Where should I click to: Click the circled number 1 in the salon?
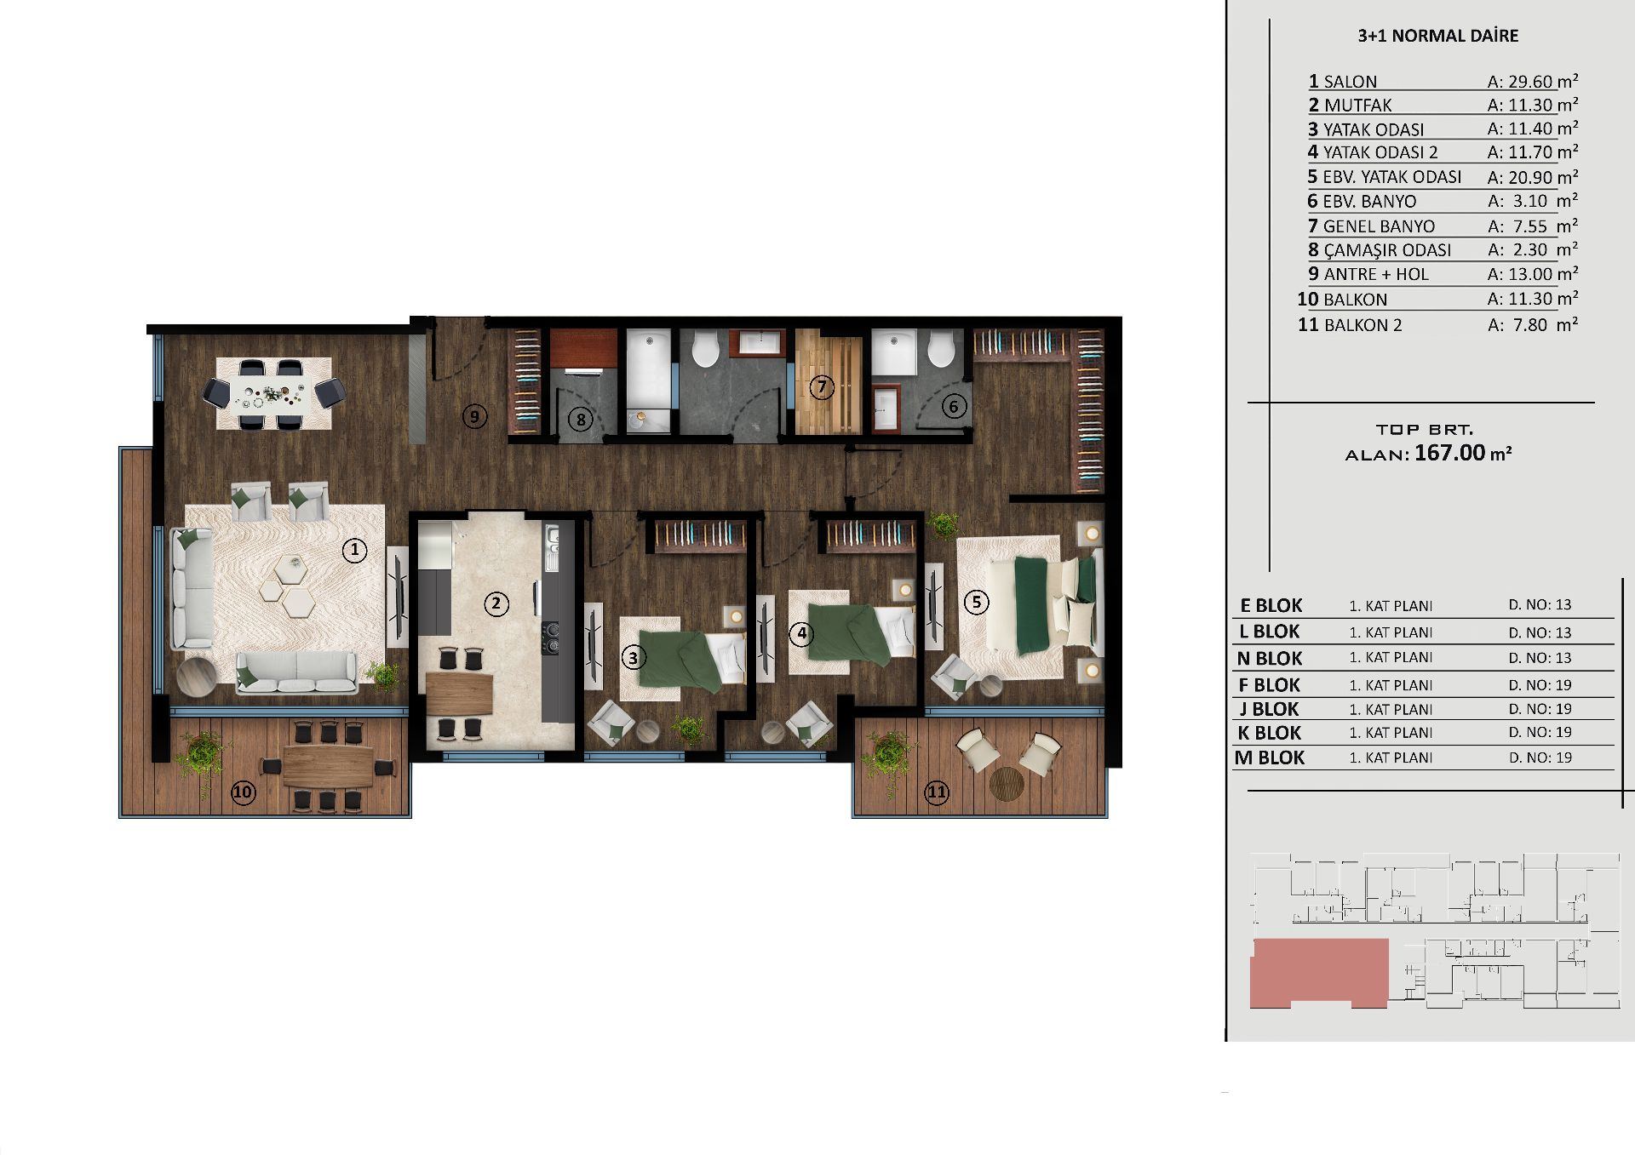point(354,550)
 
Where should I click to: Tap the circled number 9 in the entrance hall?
point(474,416)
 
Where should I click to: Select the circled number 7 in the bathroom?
point(822,387)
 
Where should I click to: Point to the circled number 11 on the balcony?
point(937,792)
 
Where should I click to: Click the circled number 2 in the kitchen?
point(496,604)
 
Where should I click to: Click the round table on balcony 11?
point(1006,784)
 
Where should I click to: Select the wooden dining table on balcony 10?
point(328,765)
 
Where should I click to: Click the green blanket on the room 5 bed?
point(1032,604)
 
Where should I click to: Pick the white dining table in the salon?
point(273,395)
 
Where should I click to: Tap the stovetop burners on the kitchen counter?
point(550,638)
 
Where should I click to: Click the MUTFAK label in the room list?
point(1358,106)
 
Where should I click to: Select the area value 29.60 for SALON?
point(1531,82)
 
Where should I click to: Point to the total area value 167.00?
point(1449,453)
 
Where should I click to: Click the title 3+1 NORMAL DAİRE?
point(1438,36)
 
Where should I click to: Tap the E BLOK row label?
point(1271,606)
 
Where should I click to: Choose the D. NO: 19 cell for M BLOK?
point(1540,758)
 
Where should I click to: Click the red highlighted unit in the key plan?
point(1319,973)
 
